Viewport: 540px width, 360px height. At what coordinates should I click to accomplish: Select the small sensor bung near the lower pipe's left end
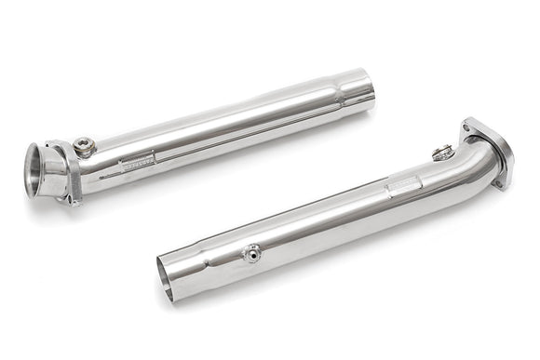(250, 252)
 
